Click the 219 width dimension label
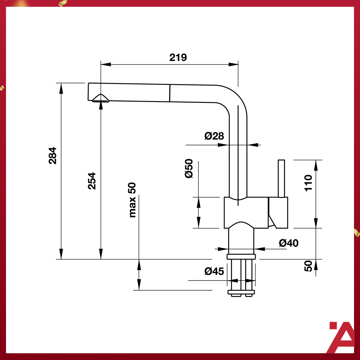178,57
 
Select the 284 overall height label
52,155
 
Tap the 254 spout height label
92,181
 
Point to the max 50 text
132,200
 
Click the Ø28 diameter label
214,136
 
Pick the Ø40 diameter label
289,243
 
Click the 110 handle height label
308,183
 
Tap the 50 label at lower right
308,266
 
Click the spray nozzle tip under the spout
101,98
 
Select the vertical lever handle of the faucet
281,178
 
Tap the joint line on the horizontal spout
170,93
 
